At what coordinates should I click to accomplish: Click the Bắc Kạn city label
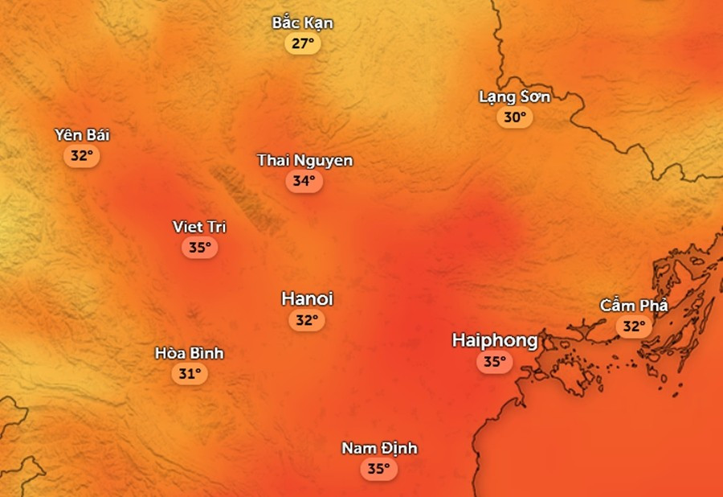click(x=302, y=23)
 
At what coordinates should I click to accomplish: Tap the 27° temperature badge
click(x=302, y=43)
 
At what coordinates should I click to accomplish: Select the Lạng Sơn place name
click(x=515, y=97)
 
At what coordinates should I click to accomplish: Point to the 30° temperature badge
click(x=515, y=117)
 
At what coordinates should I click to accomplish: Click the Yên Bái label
click(x=82, y=134)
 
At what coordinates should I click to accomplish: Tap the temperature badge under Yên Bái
click(x=82, y=155)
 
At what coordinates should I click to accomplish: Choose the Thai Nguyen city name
click(x=304, y=160)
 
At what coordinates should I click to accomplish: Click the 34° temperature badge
click(x=304, y=181)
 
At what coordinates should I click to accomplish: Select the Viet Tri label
click(x=199, y=227)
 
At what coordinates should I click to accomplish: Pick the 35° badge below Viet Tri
click(x=199, y=248)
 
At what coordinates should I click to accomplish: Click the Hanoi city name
click(x=307, y=299)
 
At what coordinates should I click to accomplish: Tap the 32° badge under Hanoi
click(x=307, y=320)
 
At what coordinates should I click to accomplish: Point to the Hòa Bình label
click(x=189, y=353)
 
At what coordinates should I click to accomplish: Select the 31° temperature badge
click(x=189, y=373)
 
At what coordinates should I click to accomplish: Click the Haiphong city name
click(x=495, y=340)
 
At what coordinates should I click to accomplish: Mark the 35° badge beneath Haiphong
click(x=495, y=362)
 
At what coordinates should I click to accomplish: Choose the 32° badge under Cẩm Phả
click(x=634, y=327)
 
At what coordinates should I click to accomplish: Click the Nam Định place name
click(x=379, y=448)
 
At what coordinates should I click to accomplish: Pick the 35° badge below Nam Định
click(x=379, y=469)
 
